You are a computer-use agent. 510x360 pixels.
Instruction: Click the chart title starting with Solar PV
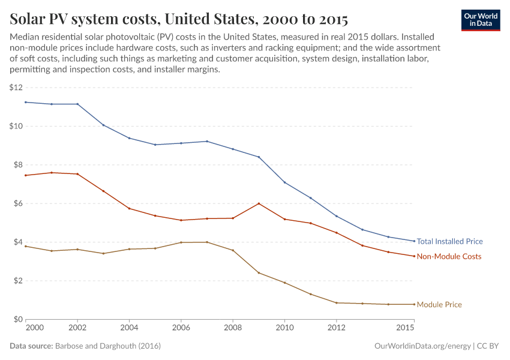[x=179, y=19]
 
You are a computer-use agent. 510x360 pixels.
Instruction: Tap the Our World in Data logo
[x=480, y=19]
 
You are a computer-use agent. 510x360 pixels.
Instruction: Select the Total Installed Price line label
[x=449, y=242]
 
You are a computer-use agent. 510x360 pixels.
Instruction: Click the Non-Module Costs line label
[x=449, y=257]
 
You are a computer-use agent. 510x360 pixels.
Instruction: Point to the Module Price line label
[x=439, y=305]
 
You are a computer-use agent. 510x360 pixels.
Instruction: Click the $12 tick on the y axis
[x=16, y=88]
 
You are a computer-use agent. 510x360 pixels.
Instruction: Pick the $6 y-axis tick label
[x=16, y=203]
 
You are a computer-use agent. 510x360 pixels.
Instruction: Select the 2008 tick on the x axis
[x=233, y=328]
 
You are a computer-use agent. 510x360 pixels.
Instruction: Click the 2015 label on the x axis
[x=406, y=328]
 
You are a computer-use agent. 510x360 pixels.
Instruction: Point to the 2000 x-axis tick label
[x=34, y=328]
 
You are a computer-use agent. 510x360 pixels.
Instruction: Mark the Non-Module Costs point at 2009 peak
[x=259, y=203]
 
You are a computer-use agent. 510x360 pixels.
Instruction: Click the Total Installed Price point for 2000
[x=26, y=102]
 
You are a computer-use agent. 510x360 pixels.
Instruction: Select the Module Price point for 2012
[x=337, y=303]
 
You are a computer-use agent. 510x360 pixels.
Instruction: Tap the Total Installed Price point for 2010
[x=284, y=182]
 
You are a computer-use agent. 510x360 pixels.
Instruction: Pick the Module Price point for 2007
[x=207, y=242]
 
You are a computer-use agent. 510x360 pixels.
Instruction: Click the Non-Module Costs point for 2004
[x=129, y=208]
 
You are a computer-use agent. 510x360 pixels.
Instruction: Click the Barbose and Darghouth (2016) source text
[x=107, y=346]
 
